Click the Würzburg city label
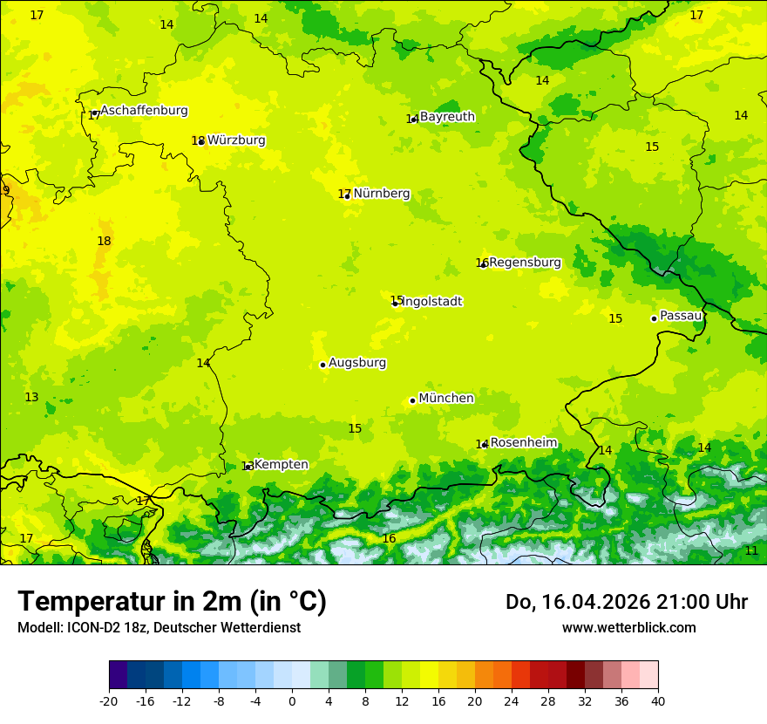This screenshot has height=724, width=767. (x=236, y=140)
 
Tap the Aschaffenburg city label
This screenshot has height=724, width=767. (x=144, y=111)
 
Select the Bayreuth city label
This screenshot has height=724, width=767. (x=447, y=117)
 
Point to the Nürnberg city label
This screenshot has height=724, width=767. (x=381, y=194)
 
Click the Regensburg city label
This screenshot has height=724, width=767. (x=525, y=263)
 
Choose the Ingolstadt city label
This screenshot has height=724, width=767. (x=432, y=302)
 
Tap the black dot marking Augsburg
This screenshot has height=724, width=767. (x=322, y=365)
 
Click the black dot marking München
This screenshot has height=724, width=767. (x=412, y=400)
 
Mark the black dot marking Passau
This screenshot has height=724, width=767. (x=654, y=318)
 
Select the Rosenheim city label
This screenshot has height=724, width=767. (x=523, y=443)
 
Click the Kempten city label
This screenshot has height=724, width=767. (x=281, y=465)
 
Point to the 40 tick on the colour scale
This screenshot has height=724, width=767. (x=658, y=700)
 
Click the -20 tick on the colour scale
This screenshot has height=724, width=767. (x=109, y=700)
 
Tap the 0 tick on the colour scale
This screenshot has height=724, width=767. (x=292, y=700)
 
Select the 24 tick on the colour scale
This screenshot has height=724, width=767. (x=512, y=700)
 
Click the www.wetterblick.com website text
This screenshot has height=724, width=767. (x=628, y=628)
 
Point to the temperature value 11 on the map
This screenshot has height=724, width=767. (x=751, y=550)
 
